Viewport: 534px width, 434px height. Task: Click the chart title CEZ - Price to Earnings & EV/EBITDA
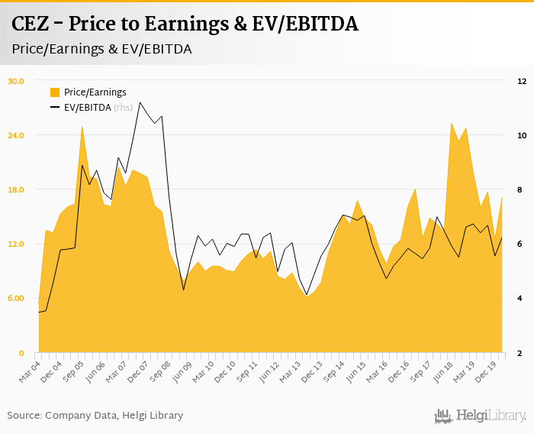185,24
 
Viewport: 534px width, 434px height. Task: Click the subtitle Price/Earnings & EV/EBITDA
101,48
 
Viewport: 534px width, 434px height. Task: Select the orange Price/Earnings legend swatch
54,92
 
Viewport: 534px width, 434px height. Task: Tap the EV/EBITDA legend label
87,107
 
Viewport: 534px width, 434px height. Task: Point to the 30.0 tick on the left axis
16,81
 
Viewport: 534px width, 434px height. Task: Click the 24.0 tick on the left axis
16,135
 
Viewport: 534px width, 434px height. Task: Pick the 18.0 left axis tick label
16,189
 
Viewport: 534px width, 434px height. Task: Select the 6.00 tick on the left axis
16,298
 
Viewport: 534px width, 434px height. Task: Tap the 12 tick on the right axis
522,81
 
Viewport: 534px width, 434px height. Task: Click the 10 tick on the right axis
522,135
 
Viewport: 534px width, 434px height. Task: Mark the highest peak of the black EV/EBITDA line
140,102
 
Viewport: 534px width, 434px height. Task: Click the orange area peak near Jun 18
452,123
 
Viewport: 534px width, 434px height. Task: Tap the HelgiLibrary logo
481,416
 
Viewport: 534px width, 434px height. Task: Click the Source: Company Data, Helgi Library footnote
95,416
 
